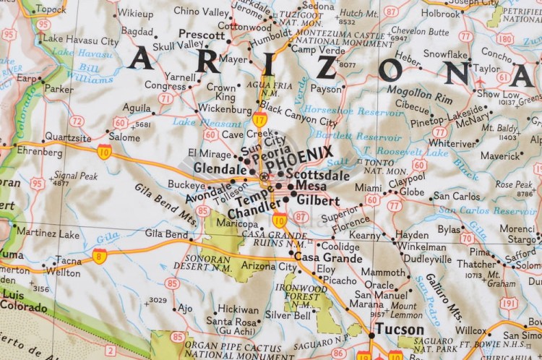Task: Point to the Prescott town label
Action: point(202,35)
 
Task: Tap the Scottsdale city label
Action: point(317,174)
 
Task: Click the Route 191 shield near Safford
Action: point(509,304)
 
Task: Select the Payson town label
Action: point(326,89)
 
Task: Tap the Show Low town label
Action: point(498,94)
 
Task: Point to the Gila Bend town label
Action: point(166,233)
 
